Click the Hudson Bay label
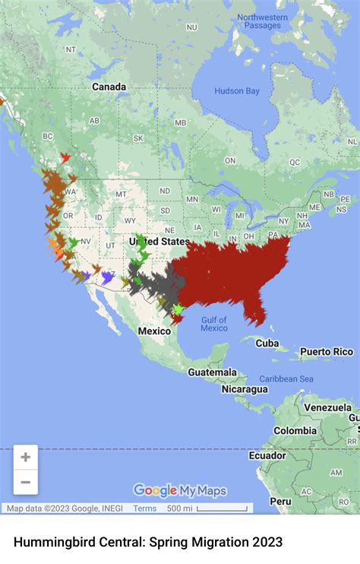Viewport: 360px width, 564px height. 237,91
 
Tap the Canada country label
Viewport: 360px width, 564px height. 109,87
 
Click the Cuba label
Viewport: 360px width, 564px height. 267,344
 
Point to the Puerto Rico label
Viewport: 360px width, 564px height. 327,352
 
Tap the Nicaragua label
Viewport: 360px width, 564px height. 245,389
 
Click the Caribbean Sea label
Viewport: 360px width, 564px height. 286,379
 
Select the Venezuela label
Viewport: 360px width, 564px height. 328,407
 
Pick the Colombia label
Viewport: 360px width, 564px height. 295,431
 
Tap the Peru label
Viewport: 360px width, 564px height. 280,502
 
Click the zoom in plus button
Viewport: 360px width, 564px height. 26,458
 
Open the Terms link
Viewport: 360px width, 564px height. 144,509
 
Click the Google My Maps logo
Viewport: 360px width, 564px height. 180,490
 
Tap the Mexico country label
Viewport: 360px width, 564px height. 154,331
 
